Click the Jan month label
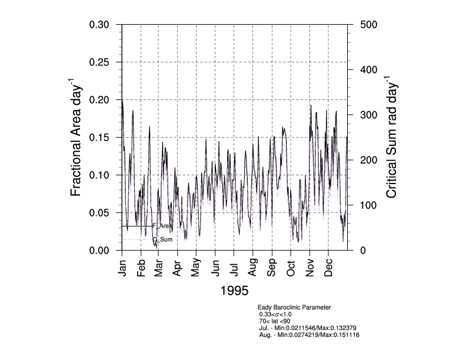point(122,268)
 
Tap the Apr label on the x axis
point(177,268)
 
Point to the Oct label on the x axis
point(291,267)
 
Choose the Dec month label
point(328,268)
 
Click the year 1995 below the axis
point(234,291)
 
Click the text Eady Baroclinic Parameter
point(294,307)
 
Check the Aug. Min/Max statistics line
point(309,335)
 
